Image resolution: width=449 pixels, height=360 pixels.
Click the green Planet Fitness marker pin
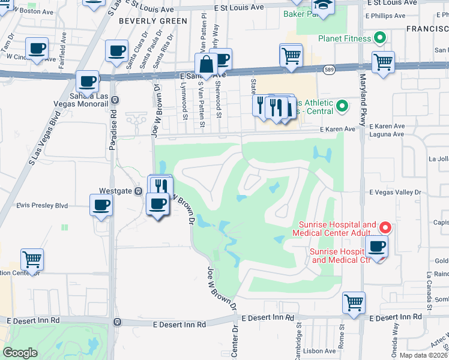click(x=379, y=39)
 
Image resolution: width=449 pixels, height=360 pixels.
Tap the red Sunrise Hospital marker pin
click(x=385, y=228)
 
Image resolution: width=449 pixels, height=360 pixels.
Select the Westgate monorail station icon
click(x=138, y=191)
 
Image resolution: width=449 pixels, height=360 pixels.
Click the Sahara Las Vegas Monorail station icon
click(x=115, y=100)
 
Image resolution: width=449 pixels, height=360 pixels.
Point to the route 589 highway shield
click(x=330, y=70)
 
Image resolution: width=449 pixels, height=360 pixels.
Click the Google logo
click(x=20, y=352)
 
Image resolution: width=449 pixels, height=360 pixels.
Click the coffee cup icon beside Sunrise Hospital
click(x=376, y=246)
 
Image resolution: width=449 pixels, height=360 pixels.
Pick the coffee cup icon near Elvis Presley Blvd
click(x=100, y=205)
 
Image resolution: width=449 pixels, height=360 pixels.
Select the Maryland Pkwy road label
click(x=363, y=100)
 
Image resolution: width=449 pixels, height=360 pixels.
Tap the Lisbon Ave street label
click(x=322, y=351)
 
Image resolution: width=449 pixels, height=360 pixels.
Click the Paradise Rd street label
click(x=114, y=125)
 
